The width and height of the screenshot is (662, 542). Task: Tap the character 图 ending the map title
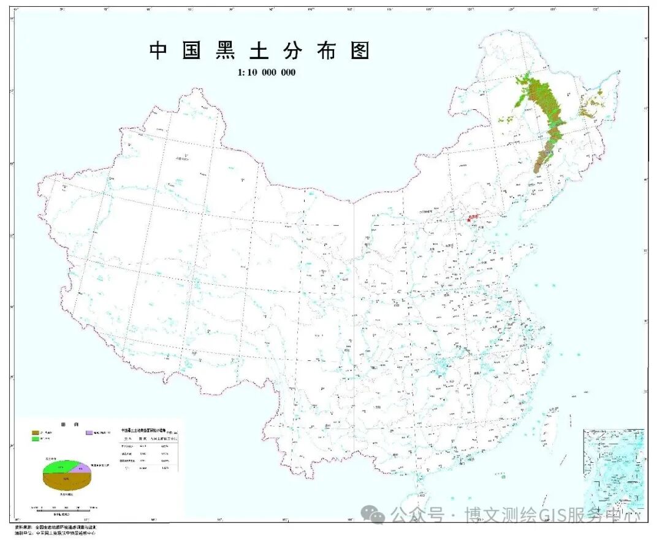tap(361, 51)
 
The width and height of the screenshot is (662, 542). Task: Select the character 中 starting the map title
tap(158, 51)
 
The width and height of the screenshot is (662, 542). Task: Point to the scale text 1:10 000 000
tap(267, 72)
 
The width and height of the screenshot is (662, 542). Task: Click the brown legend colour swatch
tap(36, 433)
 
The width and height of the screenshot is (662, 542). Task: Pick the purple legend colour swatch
tap(89, 433)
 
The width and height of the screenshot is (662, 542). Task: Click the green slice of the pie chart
tap(58, 467)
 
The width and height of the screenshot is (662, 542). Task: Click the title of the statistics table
tap(147, 431)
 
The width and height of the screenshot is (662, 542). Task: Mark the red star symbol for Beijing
tap(472, 217)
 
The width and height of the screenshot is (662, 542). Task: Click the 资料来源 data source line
tap(55, 527)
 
